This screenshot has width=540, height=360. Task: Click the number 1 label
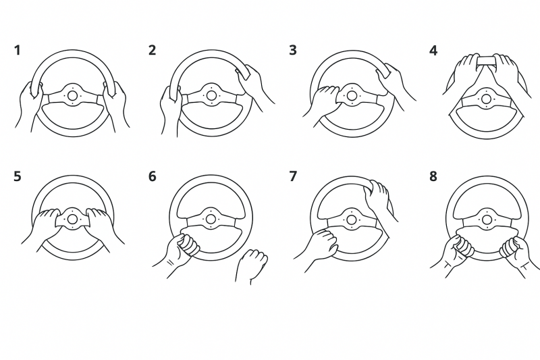click(x=18, y=50)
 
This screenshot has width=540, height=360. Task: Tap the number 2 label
click(x=153, y=50)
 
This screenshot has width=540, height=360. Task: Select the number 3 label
click(x=293, y=50)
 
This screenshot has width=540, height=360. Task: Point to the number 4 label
click(x=433, y=51)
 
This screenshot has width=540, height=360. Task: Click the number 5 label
click(x=18, y=176)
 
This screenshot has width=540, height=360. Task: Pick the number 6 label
click(x=153, y=176)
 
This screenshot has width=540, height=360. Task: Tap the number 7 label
click(x=293, y=176)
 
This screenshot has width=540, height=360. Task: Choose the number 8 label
click(x=433, y=176)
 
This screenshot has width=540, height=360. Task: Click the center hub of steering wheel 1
click(x=72, y=95)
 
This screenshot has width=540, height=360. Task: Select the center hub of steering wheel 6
click(x=211, y=219)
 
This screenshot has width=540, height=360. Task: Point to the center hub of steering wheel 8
click(x=487, y=220)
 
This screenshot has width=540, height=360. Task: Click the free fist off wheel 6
click(x=252, y=265)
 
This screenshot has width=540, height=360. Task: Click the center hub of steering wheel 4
click(x=486, y=99)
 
